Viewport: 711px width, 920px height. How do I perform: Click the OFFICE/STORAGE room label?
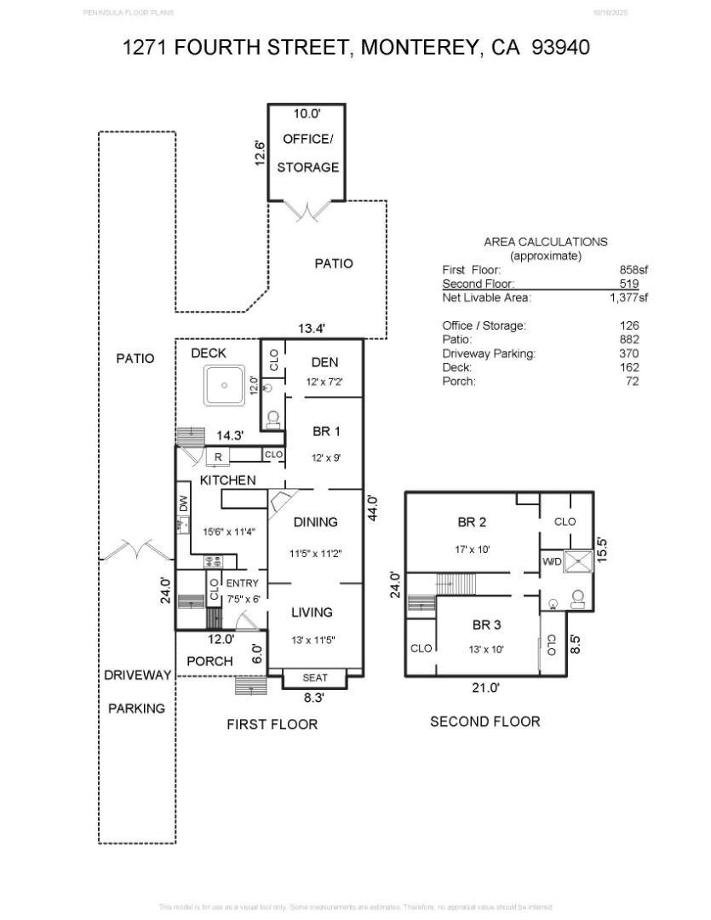[x=307, y=153]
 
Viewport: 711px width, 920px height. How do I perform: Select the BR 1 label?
[x=325, y=432]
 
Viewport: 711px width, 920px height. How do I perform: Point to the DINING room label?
[x=315, y=522]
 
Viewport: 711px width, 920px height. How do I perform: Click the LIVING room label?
[x=312, y=612]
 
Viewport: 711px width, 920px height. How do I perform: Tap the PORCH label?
[x=209, y=661]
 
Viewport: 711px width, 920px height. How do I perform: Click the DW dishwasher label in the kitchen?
[x=183, y=504]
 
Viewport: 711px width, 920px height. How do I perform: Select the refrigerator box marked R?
[x=218, y=457]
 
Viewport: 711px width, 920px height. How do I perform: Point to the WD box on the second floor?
[x=552, y=562]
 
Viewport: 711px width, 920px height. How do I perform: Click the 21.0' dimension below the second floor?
[x=487, y=687]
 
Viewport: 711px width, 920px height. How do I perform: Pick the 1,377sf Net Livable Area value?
[x=628, y=297]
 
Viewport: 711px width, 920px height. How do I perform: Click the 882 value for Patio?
[x=629, y=339]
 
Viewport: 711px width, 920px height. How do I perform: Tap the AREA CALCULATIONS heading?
[x=545, y=241]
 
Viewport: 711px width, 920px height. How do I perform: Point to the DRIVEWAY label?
[x=137, y=675]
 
